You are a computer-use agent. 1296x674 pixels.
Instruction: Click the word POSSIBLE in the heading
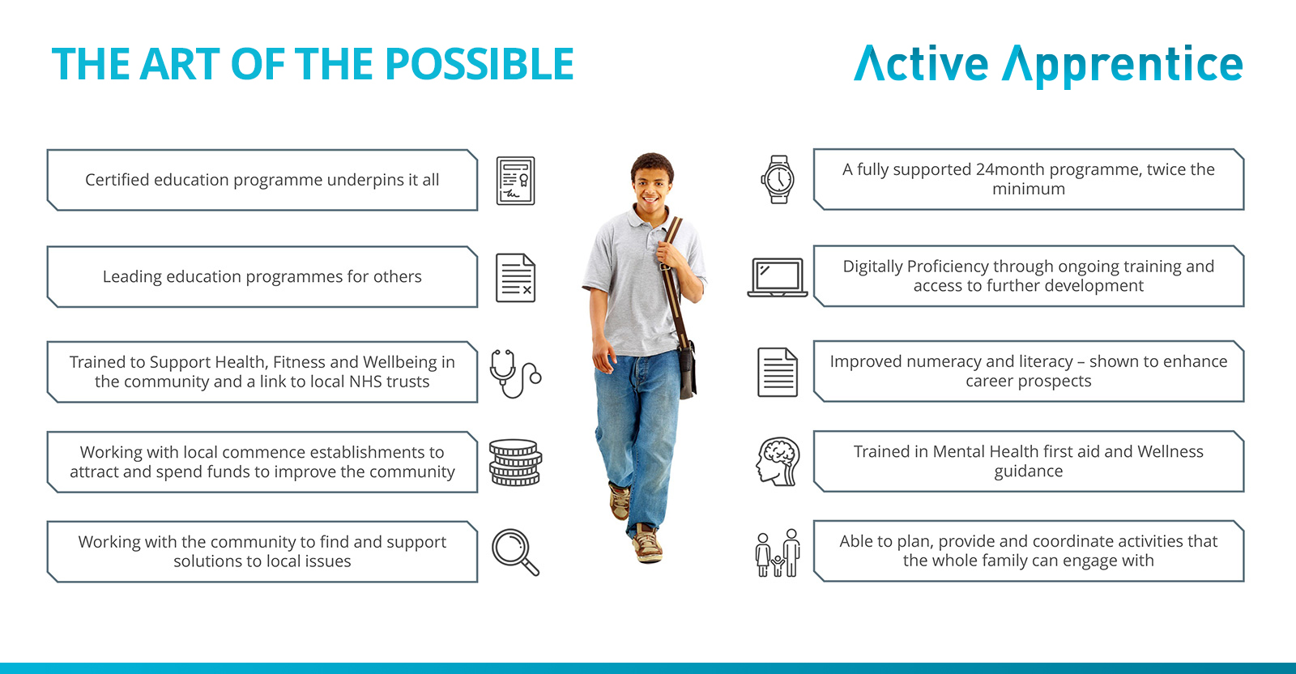479,64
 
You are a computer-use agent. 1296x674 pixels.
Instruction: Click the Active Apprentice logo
1048,66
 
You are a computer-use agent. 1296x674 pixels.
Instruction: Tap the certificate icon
515,181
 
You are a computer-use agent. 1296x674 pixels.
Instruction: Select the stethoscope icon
515,373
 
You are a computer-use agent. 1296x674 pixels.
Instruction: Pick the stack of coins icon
515,463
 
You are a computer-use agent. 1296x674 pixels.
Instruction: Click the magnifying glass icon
515,552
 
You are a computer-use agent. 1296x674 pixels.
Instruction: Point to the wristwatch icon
778,179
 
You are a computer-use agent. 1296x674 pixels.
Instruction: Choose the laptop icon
778,278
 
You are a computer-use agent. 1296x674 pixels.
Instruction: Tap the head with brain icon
778,461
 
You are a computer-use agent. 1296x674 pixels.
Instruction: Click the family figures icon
778,552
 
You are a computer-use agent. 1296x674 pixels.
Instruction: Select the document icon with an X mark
515,278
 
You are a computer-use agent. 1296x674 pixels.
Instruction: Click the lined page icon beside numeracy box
778,372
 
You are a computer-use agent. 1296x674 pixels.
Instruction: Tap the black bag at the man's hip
688,369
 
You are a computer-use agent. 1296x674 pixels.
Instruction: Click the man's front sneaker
647,544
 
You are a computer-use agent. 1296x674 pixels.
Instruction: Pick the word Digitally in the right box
872,267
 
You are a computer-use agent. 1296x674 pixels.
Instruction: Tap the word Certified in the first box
117,180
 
